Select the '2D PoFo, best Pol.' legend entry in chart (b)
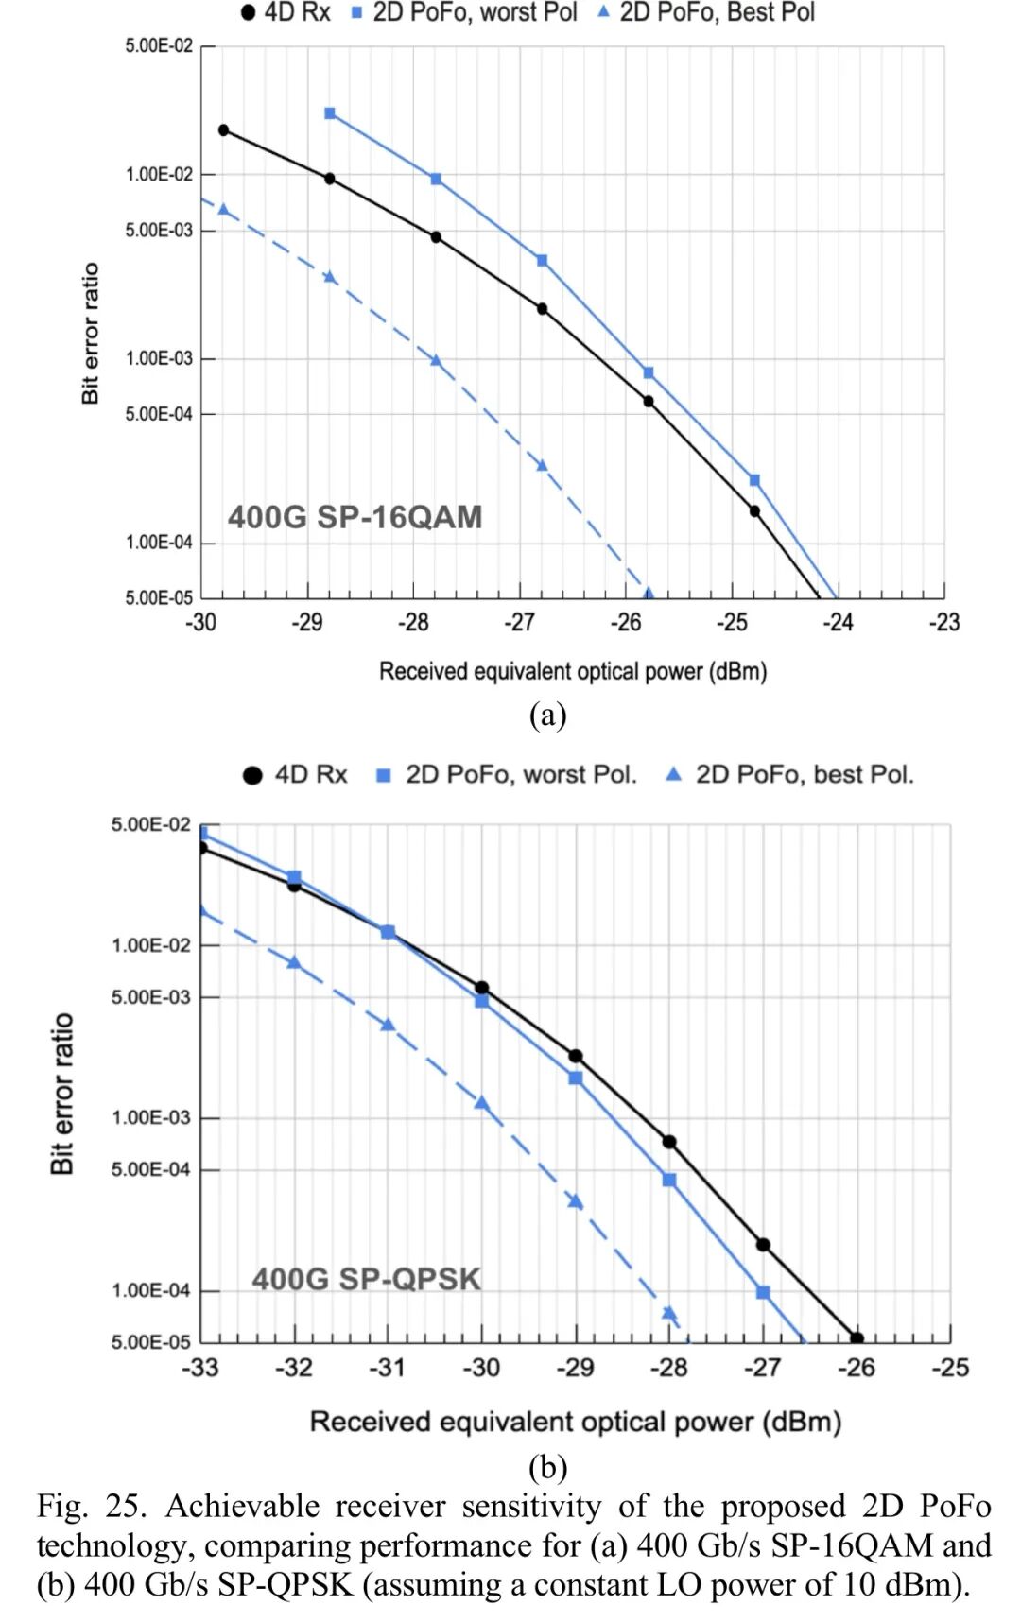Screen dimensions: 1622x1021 790,774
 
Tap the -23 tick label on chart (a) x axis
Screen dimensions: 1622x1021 943,622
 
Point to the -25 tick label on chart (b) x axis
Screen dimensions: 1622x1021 949,1367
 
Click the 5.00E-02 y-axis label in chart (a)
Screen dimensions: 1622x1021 159,45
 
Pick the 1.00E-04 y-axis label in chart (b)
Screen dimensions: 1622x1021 151,1290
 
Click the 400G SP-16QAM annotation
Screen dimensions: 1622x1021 355,517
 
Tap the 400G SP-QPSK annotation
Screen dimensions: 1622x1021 366,1279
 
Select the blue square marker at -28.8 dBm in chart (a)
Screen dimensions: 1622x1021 330,113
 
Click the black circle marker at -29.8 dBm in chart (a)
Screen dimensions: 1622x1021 224,129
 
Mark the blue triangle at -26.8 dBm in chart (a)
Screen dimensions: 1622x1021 543,465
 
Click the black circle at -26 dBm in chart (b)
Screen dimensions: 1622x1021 857,1338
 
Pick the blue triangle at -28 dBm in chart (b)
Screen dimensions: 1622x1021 669,1313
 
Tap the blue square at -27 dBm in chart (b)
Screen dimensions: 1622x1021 763,1292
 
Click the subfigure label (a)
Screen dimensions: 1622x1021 548,715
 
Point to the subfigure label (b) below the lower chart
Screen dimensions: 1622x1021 548,1467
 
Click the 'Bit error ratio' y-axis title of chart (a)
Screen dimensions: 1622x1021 91,334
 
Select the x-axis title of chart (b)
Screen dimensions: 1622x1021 575,1422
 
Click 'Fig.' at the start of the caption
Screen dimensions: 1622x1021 63,1506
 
